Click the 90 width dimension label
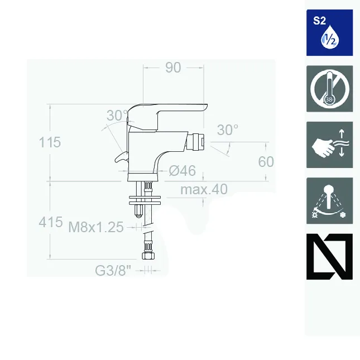(173, 68)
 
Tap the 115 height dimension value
(50, 142)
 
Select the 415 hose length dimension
(50, 222)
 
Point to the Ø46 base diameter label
(183, 171)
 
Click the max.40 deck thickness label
(204, 189)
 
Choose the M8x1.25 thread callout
(96, 227)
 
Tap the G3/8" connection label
(113, 271)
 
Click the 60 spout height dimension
(266, 162)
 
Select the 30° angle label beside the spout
(228, 129)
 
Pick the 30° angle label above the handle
(117, 115)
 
